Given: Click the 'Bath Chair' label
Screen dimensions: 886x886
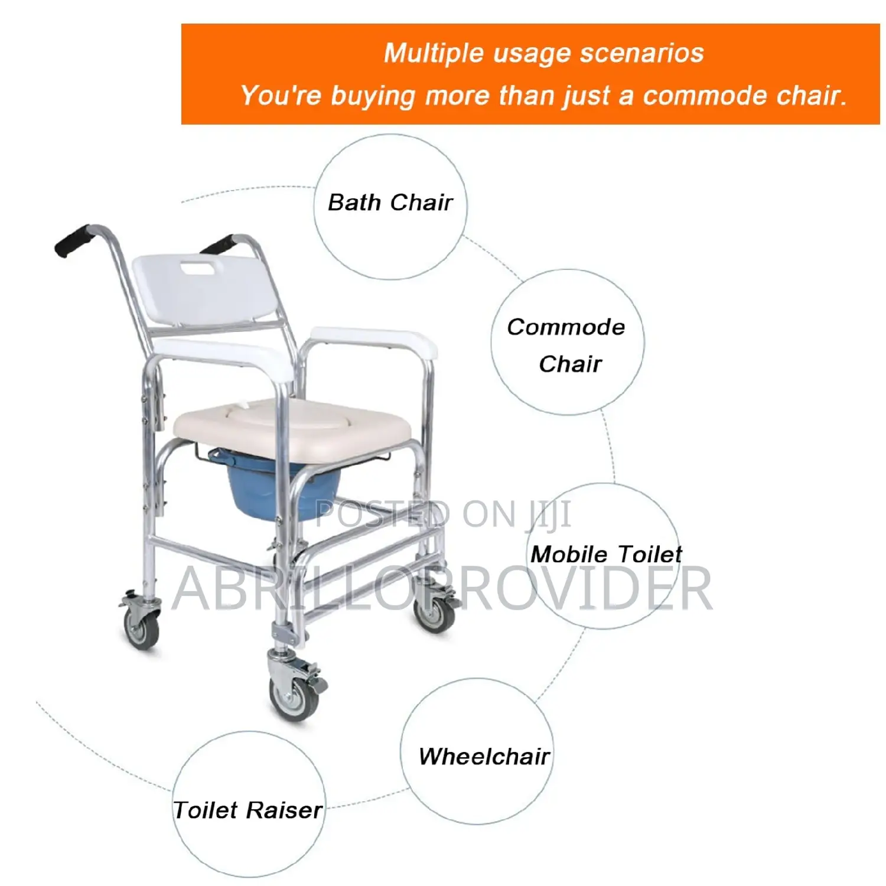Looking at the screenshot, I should click(x=390, y=203).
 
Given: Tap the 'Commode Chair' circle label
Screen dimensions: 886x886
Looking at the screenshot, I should click(x=567, y=345).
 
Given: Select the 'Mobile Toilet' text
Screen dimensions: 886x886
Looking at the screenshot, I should click(x=606, y=554).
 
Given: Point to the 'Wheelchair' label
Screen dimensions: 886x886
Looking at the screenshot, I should click(x=484, y=757).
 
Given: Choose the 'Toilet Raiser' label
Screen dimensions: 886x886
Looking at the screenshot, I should click(x=248, y=810).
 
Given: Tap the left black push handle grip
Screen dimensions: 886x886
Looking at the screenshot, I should click(x=72, y=240).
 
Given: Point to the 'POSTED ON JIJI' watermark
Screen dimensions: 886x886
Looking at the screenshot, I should click(x=443, y=514).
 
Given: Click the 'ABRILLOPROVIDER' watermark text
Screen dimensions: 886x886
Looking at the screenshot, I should click(x=443, y=588).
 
